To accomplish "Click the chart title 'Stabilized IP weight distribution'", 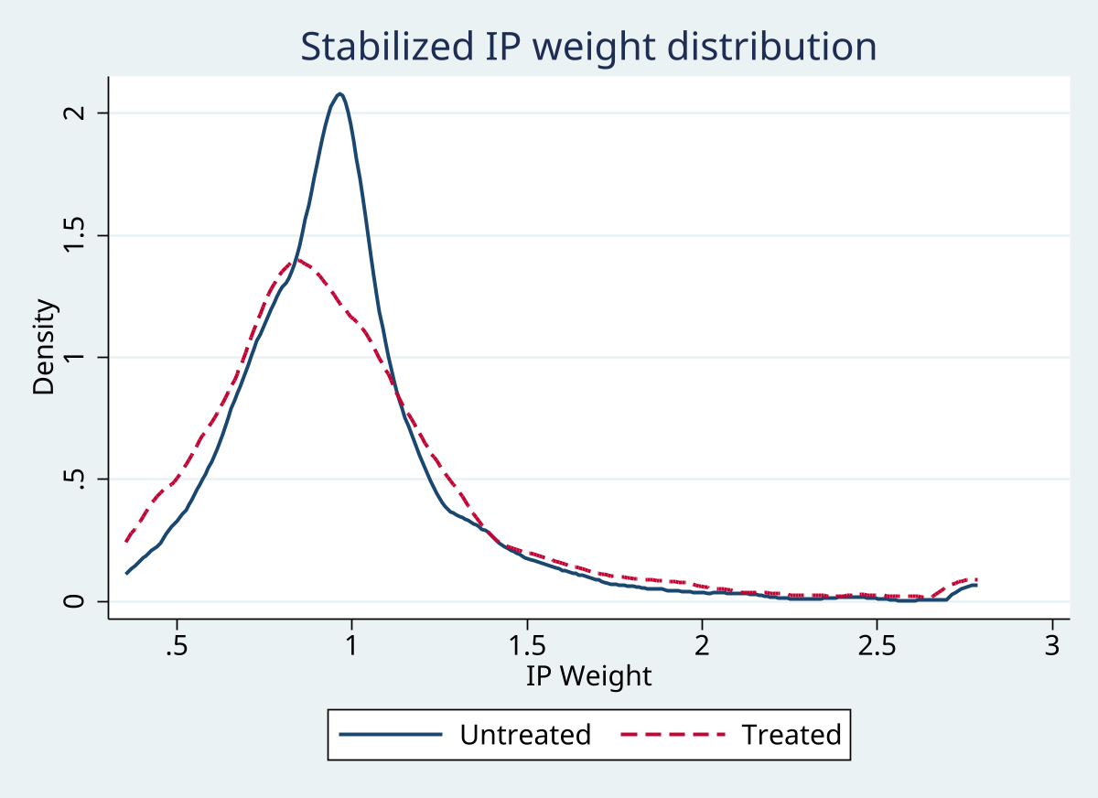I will (x=588, y=47).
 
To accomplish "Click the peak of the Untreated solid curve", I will (x=340, y=93).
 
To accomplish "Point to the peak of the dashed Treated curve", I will (x=296, y=260).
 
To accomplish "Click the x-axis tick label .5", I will (x=177, y=645).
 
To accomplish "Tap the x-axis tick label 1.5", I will (x=526, y=645).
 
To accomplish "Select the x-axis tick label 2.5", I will (x=877, y=645).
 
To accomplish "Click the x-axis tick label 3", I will (x=1051, y=645).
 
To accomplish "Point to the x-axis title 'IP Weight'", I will (x=588, y=676).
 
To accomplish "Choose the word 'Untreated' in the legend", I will (x=525, y=734).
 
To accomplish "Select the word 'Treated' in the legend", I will (x=791, y=734).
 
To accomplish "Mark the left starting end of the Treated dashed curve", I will (x=127, y=541).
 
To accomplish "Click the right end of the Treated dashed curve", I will (x=977, y=579).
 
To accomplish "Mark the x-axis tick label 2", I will (x=702, y=645).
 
